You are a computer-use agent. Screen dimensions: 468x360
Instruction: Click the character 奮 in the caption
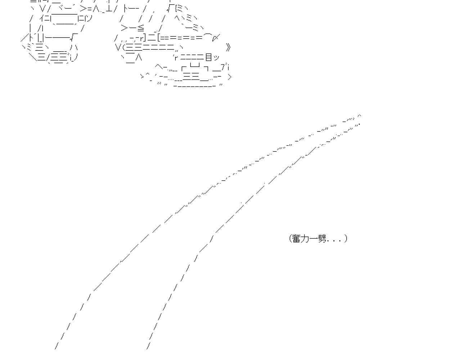[296, 238]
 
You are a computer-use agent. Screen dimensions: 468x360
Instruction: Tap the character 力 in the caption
[305, 238]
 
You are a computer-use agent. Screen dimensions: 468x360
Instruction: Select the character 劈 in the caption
[322, 238]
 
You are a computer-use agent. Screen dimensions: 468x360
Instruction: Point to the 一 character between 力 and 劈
[313, 238]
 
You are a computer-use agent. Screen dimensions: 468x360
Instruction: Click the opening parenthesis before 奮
[290, 238]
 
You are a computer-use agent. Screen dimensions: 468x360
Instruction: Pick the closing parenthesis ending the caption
[346, 238]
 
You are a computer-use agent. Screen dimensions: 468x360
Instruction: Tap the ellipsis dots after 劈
[335, 240]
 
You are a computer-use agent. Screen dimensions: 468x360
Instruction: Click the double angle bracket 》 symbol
[228, 47]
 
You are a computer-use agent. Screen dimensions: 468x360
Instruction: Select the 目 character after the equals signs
[209, 57]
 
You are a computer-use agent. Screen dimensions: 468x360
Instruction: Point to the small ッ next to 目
[216, 58]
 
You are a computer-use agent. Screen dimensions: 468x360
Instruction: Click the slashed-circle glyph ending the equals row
[216, 37]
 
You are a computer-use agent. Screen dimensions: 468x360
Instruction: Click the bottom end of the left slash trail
[56, 347]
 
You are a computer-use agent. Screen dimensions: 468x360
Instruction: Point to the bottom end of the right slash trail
[148, 347]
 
